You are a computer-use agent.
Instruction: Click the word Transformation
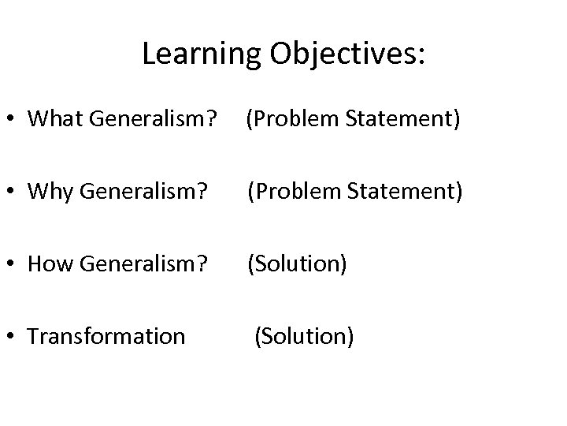[x=106, y=337]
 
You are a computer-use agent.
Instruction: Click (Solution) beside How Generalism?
[x=298, y=264]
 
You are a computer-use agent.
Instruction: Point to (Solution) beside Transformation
[x=303, y=337]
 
